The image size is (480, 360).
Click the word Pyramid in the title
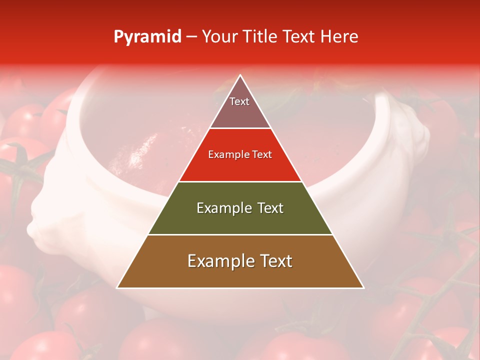[x=147, y=37]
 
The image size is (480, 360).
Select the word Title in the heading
[x=260, y=36]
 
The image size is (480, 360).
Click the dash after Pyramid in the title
[x=191, y=37]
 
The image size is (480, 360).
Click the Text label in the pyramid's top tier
[x=239, y=101]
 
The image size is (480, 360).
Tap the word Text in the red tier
[x=262, y=155]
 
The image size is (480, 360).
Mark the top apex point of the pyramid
[x=240, y=75]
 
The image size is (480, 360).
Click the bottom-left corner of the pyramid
[x=117, y=287]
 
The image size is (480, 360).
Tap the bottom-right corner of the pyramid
[x=363, y=287]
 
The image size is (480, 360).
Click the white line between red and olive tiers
[x=240, y=181]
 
